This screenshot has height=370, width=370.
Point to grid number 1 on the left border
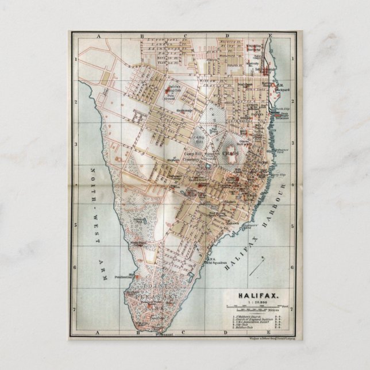point(75,59)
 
